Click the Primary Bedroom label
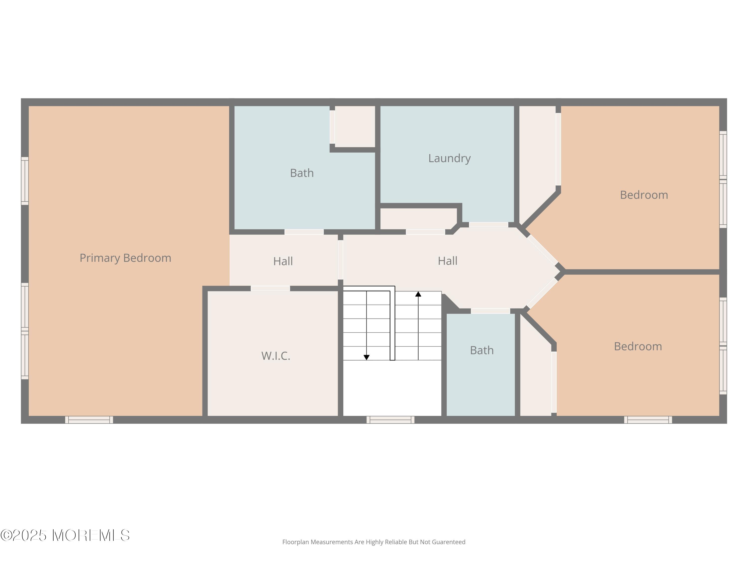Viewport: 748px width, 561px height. [x=125, y=258]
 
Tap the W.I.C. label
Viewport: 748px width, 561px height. [x=276, y=356]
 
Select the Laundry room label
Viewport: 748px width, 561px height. [x=449, y=159]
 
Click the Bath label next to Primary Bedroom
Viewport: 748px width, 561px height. [x=302, y=173]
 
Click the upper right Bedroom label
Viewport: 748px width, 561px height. [x=644, y=195]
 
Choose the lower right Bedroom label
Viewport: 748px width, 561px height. [x=638, y=347]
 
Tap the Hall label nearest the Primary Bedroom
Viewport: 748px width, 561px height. [x=283, y=261]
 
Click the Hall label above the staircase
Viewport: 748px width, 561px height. [x=447, y=261]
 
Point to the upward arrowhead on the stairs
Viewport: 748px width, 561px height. [x=418, y=294]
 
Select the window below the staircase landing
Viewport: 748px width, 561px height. [x=390, y=420]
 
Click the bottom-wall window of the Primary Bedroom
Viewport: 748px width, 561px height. [x=89, y=420]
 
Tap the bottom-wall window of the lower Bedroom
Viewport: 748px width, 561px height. [x=648, y=420]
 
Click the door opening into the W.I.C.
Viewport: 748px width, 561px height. [x=271, y=288]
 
